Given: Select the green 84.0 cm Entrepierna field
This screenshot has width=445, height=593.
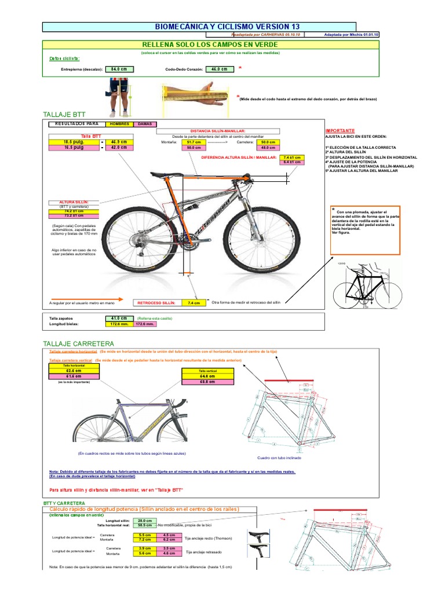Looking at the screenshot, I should click(119, 69).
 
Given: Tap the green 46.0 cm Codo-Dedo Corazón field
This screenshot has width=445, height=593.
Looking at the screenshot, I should click(220, 69).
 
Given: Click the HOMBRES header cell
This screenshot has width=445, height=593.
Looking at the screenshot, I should click(119, 124).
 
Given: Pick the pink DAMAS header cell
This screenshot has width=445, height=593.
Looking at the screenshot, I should click(141, 124).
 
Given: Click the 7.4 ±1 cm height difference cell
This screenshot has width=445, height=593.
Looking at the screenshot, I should click(291, 157).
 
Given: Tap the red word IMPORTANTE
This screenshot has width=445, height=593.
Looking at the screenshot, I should click(340, 131).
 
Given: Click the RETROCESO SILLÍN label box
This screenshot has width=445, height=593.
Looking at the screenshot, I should click(156, 302).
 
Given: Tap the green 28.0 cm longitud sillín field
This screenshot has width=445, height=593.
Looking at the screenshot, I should click(144, 521).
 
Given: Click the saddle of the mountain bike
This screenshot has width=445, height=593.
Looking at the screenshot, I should click(162, 174).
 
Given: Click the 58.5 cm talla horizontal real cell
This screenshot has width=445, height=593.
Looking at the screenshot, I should click(144, 525).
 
